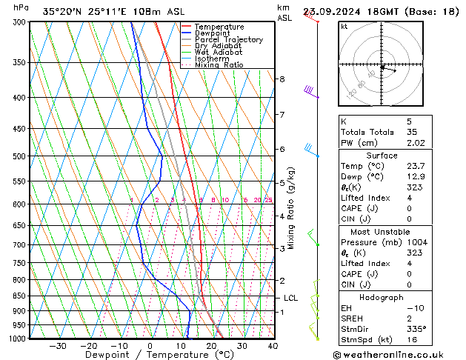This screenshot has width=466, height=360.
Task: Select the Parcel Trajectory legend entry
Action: [x=228, y=40]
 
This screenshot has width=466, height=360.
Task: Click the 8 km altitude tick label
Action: [x=282, y=79]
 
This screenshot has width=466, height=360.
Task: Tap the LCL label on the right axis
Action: [x=291, y=298]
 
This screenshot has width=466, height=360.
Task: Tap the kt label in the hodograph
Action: [x=344, y=27]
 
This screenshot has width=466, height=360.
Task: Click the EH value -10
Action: [x=413, y=307]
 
